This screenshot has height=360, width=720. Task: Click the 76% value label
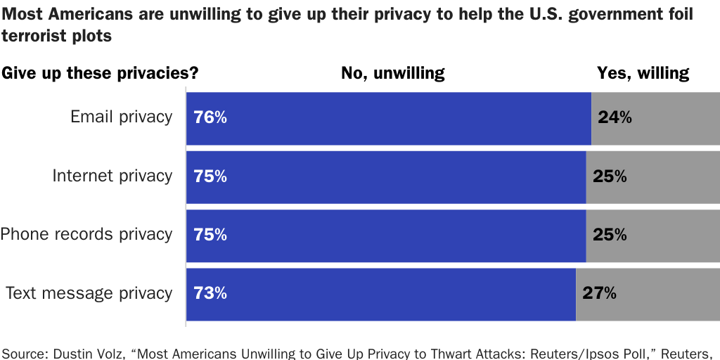(210, 118)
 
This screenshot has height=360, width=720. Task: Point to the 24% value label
(615, 118)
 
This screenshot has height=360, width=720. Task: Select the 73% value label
(210, 294)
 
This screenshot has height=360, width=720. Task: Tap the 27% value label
(599, 294)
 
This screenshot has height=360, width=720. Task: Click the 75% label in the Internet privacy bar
(210, 176)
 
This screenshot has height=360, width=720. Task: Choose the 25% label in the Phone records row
(610, 235)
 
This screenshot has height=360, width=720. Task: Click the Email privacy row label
(121, 117)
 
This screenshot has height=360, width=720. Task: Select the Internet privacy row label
(112, 176)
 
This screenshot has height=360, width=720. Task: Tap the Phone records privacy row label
(86, 234)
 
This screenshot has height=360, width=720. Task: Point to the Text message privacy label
(89, 293)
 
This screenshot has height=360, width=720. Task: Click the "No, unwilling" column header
(392, 73)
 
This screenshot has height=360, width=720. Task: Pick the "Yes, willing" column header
(643, 73)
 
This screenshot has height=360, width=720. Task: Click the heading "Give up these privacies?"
(101, 73)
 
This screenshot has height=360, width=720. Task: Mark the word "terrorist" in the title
(35, 37)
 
